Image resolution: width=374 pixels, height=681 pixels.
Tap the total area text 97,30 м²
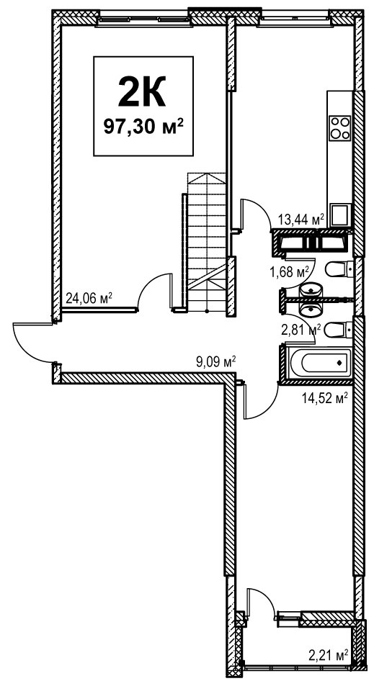tap(143, 127)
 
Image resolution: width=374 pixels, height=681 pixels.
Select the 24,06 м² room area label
tap(89, 298)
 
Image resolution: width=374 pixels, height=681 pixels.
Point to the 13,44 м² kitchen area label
tap(302, 220)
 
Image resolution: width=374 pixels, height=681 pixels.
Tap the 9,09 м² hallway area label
tap(215, 362)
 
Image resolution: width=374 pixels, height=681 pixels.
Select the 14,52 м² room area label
tap(325, 397)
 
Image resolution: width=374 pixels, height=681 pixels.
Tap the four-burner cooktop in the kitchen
tap(339, 127)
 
